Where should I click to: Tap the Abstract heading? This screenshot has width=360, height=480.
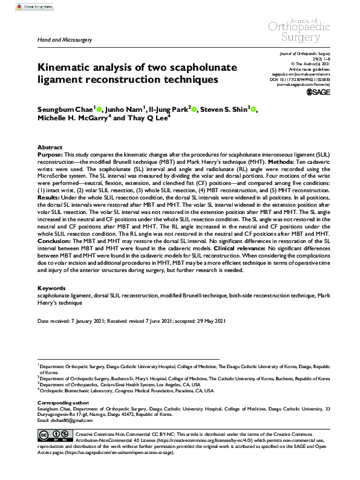pos(50,148)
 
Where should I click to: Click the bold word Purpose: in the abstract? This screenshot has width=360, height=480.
pos(51,155)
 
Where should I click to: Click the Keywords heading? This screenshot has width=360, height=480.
pos(51,288)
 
